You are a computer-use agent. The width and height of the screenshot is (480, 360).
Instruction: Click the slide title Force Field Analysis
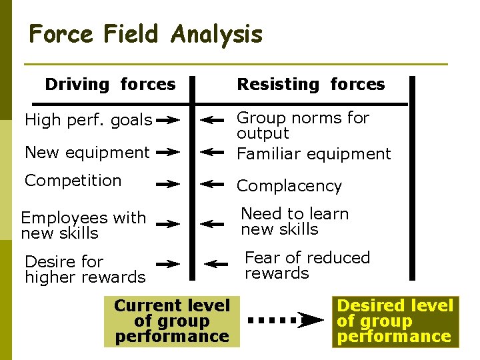click(146, 33)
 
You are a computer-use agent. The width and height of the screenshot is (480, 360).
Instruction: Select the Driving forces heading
click(110, 85)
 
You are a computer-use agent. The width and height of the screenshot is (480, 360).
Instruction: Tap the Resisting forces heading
click(311, 85)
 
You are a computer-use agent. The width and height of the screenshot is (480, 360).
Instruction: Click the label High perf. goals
click(88, 121)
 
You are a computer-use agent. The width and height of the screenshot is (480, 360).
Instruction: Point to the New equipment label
click(87, 153)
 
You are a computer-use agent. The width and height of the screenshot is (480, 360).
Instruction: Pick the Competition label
click(73, 181)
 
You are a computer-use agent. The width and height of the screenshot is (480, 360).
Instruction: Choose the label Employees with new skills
click(83, 225)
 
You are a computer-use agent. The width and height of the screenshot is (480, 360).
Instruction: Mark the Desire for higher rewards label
click(85, 269)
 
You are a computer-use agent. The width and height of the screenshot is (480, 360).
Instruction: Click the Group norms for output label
click(303, 125)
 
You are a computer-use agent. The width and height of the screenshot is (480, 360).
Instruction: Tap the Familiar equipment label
click(314, 154)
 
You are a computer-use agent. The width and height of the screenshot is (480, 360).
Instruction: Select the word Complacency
click(289, 186)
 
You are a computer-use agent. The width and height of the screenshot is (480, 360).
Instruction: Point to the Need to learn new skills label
click(295, 221)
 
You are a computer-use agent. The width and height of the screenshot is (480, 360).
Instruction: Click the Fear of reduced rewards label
click(307, 265)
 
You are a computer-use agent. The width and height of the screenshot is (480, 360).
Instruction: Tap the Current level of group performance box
click(171, 321)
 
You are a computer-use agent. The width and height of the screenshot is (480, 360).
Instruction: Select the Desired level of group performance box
click(395, 321)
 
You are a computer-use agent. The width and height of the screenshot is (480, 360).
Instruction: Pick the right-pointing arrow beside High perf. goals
click(170, 121)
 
